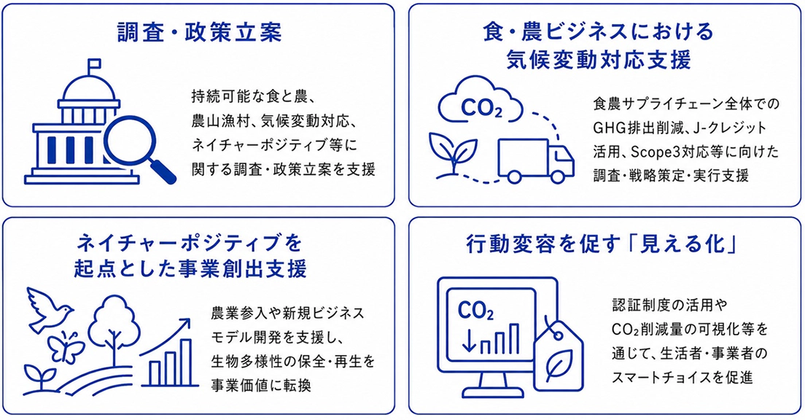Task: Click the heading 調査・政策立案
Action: tap(199, 33)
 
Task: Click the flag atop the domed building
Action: tap(94, 65)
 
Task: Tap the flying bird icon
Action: tap(50, 308)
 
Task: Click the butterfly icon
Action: tap(66, 348)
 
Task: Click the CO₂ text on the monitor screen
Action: tap(475, 311)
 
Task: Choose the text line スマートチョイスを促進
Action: tap(682, 378)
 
